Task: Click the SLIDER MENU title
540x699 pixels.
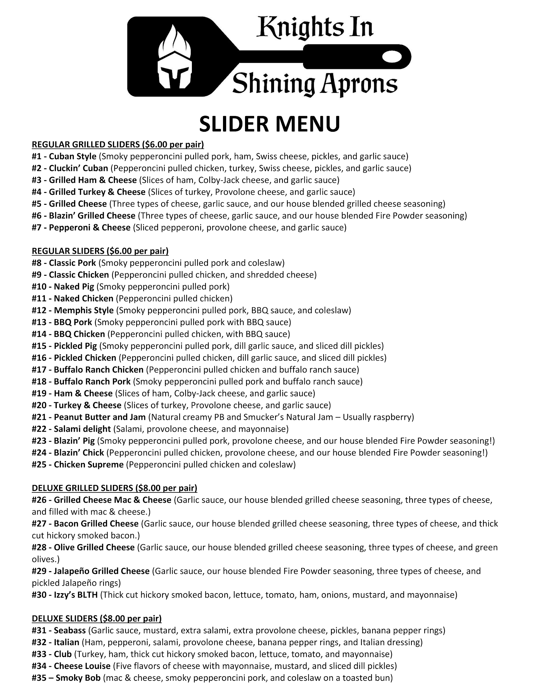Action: pos(269,124)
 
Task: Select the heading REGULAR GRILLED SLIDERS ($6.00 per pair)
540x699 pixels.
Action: pos(118,144)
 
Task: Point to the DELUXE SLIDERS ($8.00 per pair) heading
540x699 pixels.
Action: pos(96,618)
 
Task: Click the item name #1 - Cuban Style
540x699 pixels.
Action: pos(64,156)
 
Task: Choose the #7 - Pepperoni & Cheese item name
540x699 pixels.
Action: pos(81,228)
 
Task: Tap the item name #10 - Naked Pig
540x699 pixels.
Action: pos(63,287)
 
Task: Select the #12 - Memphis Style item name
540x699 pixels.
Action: pos(73,310)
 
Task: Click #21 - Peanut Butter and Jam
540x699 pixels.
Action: pos(89,417)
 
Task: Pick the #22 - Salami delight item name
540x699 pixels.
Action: pos(71,429)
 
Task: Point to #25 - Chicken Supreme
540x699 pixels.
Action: pos(78,464)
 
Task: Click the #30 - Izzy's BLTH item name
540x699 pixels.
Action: pos(65,594)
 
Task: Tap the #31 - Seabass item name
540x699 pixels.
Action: pos(59,630)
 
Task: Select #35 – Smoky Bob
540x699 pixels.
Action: pos(66,678)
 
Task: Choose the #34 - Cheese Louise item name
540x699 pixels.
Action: pos(71,666)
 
